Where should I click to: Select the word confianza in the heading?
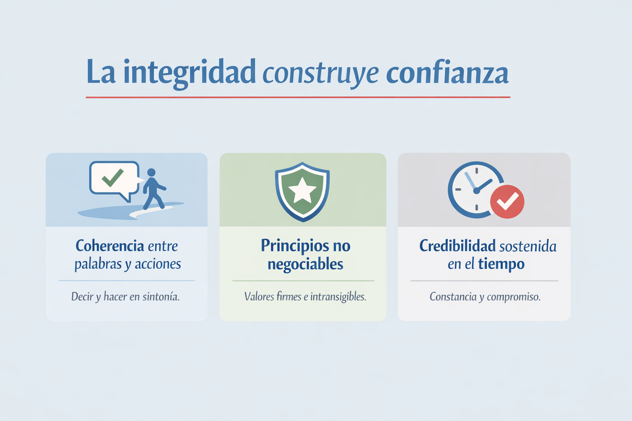(x=447, y=72)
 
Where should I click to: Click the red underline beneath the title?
(x=298, y=97)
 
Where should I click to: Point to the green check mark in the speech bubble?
(x=113, y=178)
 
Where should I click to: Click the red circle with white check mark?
(x=507, y=201)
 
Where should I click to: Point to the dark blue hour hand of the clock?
(x=484, y=185)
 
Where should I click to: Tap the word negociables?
(x=305, y=265)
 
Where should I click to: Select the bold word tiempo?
(x=502, y=264)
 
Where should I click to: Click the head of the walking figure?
(x=151, y=172)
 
